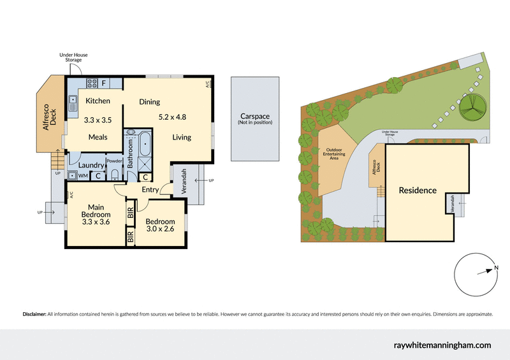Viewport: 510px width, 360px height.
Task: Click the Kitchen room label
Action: point(98,101)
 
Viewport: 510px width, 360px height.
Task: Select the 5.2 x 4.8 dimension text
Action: point(172,117)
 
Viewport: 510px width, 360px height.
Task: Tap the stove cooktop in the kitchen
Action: point(91,82)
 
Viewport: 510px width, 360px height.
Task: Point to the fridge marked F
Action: point(104,82)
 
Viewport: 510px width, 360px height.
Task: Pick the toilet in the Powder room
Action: point(115,174)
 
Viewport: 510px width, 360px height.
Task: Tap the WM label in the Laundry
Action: point(83,176)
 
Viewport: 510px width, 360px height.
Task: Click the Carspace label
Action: point(255,117)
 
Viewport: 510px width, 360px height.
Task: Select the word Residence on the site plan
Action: point(418,190)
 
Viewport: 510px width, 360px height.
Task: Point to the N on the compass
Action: point(496,268)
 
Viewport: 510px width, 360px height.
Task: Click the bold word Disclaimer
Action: point(34,314)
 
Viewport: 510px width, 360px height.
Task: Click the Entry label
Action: point(151,189)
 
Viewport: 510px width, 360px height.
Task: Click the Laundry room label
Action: point(91,165)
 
